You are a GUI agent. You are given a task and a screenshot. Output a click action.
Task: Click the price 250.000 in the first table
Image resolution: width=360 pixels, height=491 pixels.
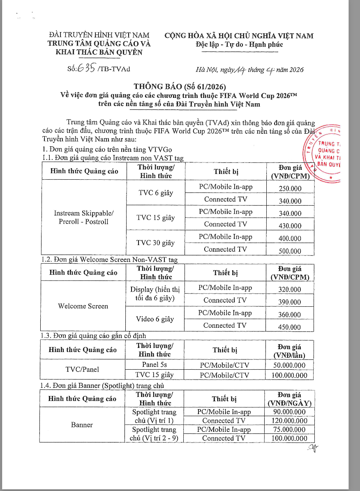point(290,189)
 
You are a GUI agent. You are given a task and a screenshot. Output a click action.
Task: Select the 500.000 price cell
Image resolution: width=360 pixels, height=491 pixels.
point(290,251)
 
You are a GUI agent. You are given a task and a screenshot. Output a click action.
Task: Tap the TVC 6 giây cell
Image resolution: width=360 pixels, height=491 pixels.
point(155,193)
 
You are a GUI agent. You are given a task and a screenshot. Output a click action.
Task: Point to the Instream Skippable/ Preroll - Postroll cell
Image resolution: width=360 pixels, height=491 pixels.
point(83,218)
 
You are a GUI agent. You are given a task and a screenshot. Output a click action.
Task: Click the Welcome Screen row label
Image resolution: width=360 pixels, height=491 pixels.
point(83,306)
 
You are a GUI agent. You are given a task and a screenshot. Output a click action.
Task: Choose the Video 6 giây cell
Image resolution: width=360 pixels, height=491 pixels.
point(155,319)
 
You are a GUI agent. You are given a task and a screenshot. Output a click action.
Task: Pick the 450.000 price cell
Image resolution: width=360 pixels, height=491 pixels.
point(289,327)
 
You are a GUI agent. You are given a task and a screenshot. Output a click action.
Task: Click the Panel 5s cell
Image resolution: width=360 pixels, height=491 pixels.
point(155,365)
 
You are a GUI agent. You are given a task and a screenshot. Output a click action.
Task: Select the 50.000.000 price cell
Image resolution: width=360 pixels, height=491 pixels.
point(289,365)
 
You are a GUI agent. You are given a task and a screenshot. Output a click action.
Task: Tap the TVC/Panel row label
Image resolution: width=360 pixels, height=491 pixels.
point(82,369)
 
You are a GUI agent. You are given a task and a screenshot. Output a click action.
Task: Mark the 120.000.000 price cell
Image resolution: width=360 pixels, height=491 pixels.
point(289,421)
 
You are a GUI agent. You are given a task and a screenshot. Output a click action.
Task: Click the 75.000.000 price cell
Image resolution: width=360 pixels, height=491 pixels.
point(289,430)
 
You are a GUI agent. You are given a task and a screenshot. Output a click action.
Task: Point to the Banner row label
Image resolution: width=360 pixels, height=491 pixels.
point(82,425)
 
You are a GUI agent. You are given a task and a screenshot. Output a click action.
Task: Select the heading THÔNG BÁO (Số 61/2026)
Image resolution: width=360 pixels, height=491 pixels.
point(180,87)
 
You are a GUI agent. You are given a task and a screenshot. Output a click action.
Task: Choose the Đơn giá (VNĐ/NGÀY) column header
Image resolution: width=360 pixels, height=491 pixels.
point(289,399)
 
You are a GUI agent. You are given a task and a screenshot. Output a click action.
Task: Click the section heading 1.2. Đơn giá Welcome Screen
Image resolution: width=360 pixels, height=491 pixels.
point(109,259)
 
